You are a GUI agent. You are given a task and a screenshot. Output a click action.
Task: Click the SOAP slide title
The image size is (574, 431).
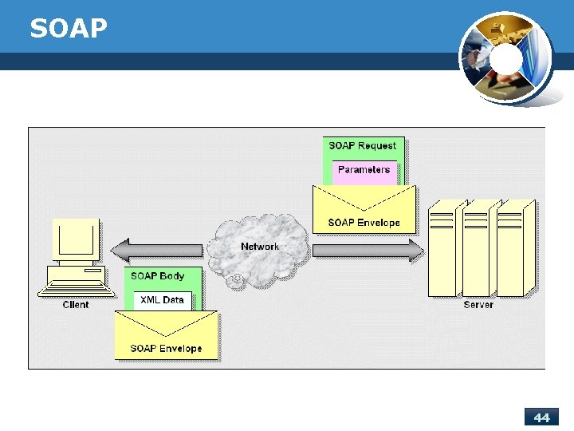pos(68,29)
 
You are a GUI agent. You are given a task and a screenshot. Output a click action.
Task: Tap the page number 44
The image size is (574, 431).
pos(542,417)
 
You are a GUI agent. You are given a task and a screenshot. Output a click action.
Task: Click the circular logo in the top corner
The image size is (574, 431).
pos(505,59)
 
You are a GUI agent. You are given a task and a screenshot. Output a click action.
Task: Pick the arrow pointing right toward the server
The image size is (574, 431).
pos(368,251)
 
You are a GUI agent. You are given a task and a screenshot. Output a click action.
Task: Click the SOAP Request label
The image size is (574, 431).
pos(363,146)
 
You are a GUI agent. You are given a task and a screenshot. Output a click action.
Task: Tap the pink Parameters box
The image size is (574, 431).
pos(364,170)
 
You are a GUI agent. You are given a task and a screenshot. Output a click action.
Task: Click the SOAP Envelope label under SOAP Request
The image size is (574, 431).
pos(364,223)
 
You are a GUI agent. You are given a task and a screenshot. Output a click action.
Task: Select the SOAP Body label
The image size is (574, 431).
pos(158,276)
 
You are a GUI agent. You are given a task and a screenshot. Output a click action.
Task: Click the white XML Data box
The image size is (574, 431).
pos(162,301)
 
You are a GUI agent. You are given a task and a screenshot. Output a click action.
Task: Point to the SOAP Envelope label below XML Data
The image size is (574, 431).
pos(166,349)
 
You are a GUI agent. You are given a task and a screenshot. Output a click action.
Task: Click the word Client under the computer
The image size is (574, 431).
pos(76,305)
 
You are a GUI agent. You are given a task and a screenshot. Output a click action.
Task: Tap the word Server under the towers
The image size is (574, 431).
pos(478,305)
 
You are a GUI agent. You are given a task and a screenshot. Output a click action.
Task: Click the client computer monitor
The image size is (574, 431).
pos(76,239)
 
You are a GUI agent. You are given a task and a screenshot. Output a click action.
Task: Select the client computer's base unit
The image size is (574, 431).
pos(76,279)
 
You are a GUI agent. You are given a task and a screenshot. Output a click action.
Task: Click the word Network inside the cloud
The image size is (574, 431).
pos(260,247)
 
